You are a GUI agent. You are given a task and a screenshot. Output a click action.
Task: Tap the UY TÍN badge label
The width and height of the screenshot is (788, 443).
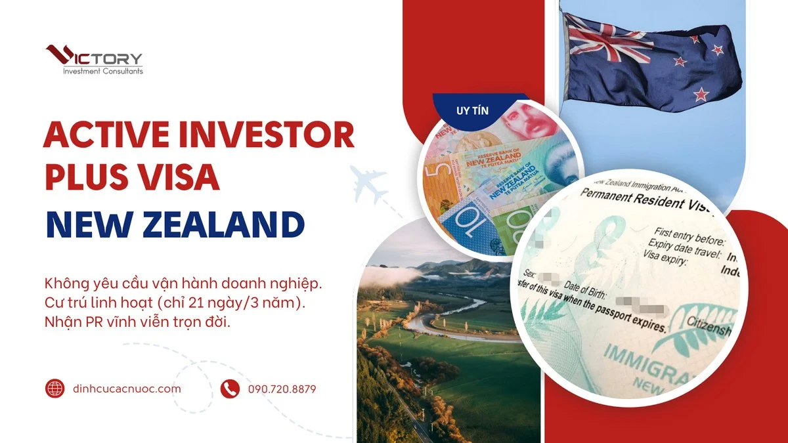pyautogui.click(x=472, y=110)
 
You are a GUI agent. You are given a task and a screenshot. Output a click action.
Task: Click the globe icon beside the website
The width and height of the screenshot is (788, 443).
pyautogui.click(x=55, y=389)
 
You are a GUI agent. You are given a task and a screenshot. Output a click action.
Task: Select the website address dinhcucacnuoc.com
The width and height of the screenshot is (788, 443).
pyautogui.click(x=127, y=389)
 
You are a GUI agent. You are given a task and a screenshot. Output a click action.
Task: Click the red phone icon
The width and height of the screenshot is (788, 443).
pyautogui.click(x=229, y=389)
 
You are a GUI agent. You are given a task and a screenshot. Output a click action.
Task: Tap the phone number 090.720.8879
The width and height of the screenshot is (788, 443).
pyautogui.click(x=282, y=389)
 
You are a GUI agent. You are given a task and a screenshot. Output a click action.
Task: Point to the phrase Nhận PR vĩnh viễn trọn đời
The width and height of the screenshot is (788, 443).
pyautogui.click(x=138, y=324)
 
